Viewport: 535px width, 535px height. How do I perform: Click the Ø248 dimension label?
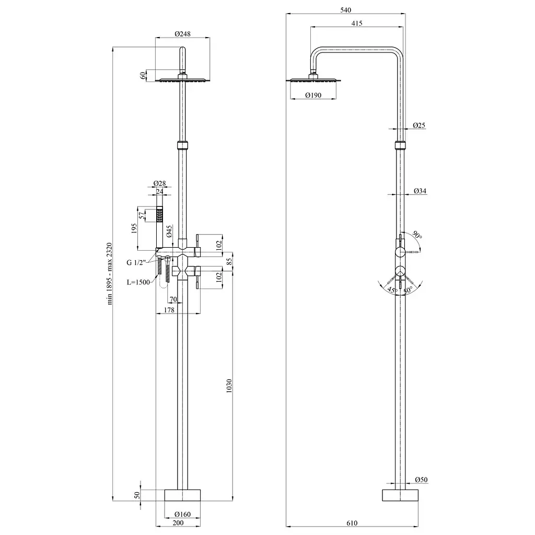coord(182,34)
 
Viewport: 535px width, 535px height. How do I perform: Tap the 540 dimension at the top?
coord(346,10)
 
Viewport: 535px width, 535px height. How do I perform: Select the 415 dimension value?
coord(356,23)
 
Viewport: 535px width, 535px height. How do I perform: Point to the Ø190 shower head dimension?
coord(313,95)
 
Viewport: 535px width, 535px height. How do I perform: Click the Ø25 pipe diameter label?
coord(419,125)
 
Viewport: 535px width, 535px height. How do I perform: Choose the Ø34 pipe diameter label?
coord(420,191)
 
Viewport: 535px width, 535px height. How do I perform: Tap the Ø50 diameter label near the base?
coord(421,480)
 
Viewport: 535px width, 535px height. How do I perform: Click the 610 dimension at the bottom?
coord(352,522)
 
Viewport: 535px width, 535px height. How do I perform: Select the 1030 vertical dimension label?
coord(229,386)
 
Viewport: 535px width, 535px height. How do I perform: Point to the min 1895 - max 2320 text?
coord(109,274)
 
